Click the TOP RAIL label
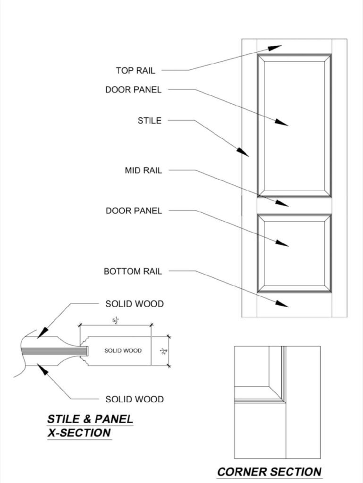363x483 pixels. coord(135,71)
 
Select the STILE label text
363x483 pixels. coord(149,121)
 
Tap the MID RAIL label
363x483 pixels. coord(143,171)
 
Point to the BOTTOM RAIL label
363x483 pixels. coord(133,272)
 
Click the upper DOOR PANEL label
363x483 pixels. coord(133,90)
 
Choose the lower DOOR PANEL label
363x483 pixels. coord(134,211)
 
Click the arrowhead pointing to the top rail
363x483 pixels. coord(275,48)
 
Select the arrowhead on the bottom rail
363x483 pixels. coord(282,303)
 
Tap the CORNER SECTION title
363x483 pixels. coord(270,471)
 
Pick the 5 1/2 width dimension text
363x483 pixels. coord(115,321)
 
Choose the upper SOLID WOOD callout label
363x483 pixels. coord(135,304)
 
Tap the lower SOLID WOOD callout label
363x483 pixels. coord(135,400)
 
